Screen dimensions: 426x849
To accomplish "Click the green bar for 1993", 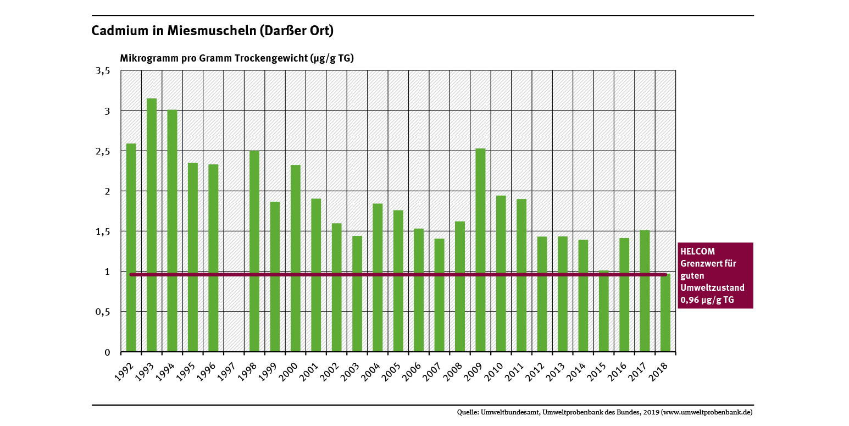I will [152, 225].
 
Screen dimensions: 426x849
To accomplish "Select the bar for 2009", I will [480, 250].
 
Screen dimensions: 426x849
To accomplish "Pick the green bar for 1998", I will [254, 251].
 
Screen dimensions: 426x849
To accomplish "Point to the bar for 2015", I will [603, 311].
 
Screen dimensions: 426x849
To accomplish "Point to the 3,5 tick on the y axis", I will [104, 71].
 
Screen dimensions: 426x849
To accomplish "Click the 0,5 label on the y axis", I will [103, 312].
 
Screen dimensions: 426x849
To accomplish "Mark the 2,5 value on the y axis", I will [104, 151].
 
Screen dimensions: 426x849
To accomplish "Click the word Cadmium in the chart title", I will [118, 31].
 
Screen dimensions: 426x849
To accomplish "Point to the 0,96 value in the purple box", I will [690, 300].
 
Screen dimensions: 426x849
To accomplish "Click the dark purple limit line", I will [385, 274].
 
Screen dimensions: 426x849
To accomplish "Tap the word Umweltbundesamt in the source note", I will [510, 412].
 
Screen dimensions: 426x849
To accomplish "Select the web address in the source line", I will [707, 412].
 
